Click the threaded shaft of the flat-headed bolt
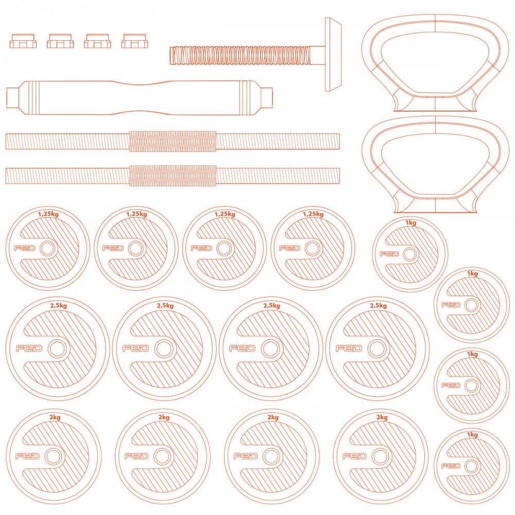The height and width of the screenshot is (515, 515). click(240, 56)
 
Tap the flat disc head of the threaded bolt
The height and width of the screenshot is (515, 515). click(333, 54)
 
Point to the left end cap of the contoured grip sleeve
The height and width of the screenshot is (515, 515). click(13, 97)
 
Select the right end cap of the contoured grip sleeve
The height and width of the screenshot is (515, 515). click(267, 97)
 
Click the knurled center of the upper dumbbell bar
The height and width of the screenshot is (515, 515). click(173, 141)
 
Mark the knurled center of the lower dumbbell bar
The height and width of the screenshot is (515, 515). click(173, 176)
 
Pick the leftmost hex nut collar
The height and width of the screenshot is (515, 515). click(23, 41)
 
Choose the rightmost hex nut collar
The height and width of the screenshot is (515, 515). click(134, 41)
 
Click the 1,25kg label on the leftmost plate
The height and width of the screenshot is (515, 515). click(48, 214)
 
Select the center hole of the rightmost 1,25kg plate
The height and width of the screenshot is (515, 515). click(313, 248)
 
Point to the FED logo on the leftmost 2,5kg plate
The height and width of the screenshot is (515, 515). click(29, 348)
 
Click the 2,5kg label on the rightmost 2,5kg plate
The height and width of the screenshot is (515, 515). click(379, 305)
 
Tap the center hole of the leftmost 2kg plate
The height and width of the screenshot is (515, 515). click(53, 456)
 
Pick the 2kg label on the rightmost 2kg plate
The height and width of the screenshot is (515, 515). click(382, 418)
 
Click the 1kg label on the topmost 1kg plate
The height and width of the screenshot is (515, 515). click(411, 222)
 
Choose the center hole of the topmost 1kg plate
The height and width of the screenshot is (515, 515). click(409, 254)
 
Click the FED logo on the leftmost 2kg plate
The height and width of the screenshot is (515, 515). click(28, 456)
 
